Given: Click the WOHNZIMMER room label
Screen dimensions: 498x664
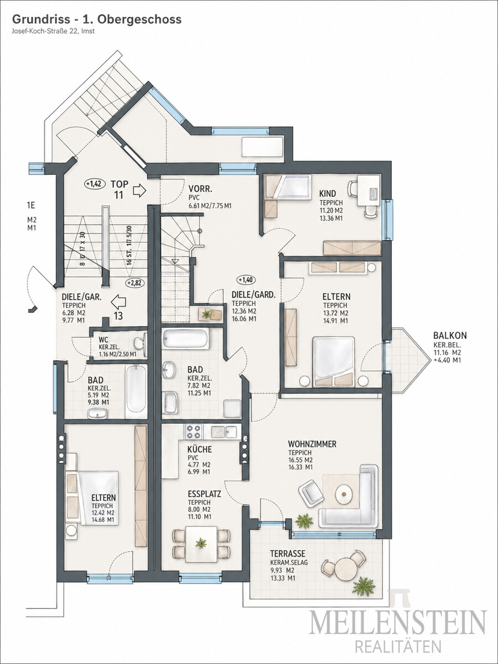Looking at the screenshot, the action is pyautogui.click(x=312, y=444).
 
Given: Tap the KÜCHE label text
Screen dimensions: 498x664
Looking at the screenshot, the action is pyautogui.click(x=200, y=449).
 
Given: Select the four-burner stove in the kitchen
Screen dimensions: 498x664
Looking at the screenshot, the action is pyautogui.click(x=194, y=432).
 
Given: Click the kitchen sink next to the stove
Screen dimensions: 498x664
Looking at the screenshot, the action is pyautogui.click(x=224, y=432).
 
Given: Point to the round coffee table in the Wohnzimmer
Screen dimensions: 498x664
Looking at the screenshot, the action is pyautogui.click(x=344, y=494).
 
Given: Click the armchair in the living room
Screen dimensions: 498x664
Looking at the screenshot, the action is pyautogui.click(x=310, y=494).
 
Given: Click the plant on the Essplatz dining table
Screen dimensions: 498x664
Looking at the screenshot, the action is pyautogui.click(x=201, y=543).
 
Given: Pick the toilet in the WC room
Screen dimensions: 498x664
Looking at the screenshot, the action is pyautogui.click(x=141, y=344).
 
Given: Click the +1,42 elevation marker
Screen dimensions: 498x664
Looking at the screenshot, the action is pyautogui.click(x=95, y=184).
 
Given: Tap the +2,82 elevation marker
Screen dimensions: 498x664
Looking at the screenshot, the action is pyautogui.click(x=135, y=283).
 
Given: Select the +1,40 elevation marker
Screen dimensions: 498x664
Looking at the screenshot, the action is pyautogui.click(x=247, y=280).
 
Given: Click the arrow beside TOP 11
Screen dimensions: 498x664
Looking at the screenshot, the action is pyautogui.click(x=139, y=191).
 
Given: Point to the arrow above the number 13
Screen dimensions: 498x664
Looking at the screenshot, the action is pyautogui.click(x=118, y=302).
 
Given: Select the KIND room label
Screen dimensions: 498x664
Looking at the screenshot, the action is pyautogui.click(x=328, y=193).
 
